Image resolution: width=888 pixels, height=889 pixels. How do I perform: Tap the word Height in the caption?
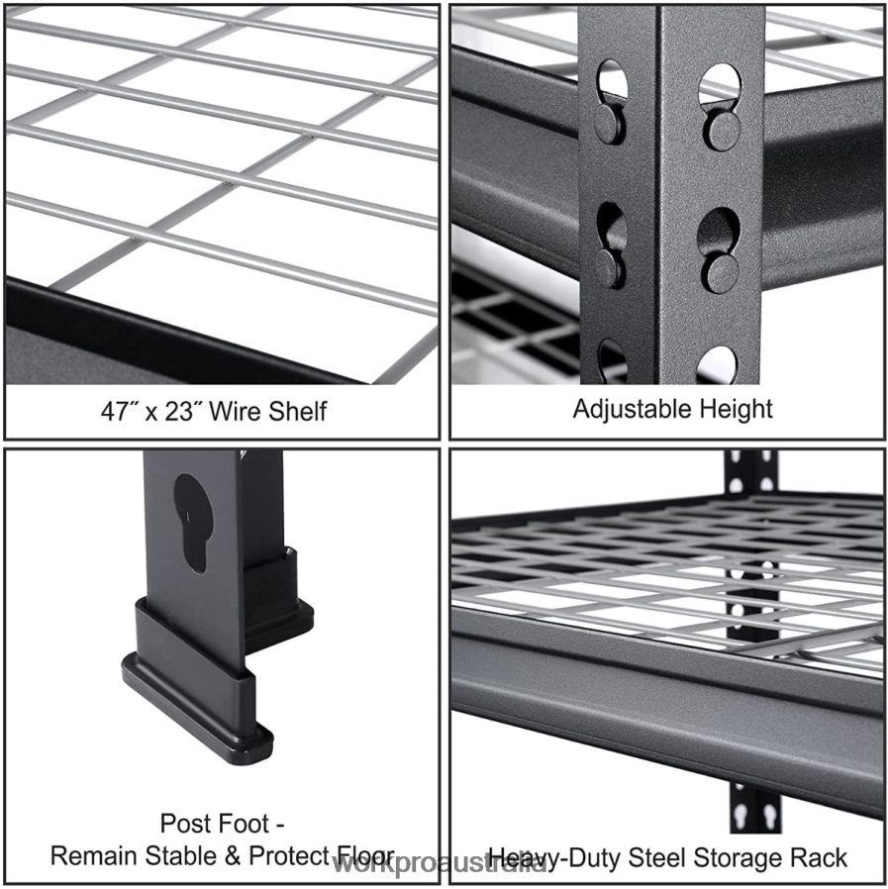point(736,408)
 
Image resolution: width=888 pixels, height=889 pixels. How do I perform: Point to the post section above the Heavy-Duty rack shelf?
point(751,472)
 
